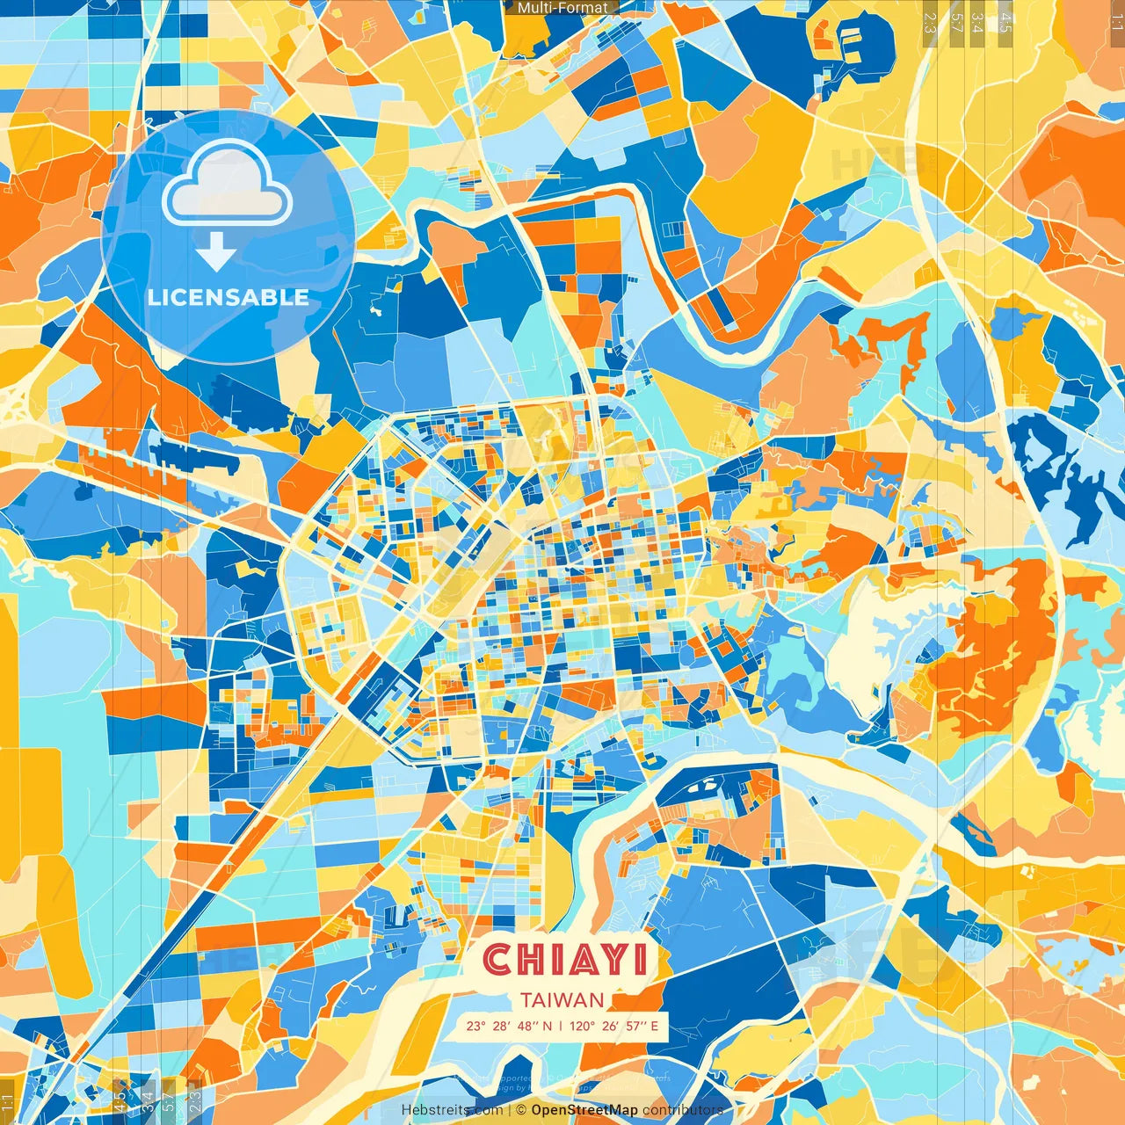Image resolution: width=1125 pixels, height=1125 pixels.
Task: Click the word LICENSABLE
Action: [228, 297]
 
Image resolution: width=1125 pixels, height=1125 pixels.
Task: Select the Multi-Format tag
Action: [562, 8]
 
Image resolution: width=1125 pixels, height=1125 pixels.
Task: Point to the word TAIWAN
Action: [562, 1000]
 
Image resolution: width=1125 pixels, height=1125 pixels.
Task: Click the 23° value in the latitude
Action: [476, 1026]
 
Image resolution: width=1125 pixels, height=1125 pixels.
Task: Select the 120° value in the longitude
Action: [582, 1026]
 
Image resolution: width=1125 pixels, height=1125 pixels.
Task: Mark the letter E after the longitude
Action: [654, 1026]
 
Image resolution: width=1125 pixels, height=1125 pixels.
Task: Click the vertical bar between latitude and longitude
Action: [561, 1026]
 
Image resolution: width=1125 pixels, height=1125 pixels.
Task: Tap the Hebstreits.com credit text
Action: [452, 1110]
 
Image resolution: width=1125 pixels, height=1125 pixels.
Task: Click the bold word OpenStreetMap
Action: [584, 1110]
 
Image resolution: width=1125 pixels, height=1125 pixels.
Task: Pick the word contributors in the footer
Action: [683, 1110]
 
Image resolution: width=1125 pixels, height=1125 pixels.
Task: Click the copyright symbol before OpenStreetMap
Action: [521, 1110]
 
